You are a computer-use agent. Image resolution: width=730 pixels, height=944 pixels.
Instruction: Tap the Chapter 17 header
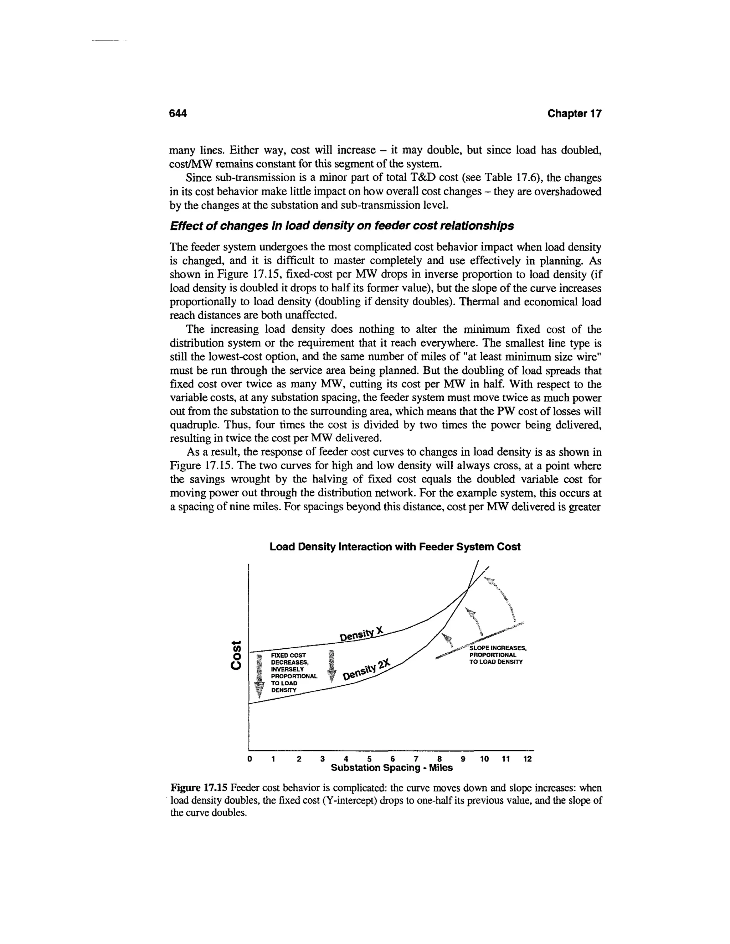tap(574, 113)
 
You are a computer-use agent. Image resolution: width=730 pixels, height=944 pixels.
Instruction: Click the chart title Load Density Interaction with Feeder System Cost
tap(395, 547)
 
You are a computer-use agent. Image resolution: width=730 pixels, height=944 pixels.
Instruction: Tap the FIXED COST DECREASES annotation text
tap(292, 672)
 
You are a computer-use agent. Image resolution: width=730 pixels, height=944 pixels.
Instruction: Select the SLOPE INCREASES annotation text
tap(497, 655)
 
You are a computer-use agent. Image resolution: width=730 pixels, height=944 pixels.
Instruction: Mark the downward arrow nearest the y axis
tap(259, 676)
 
